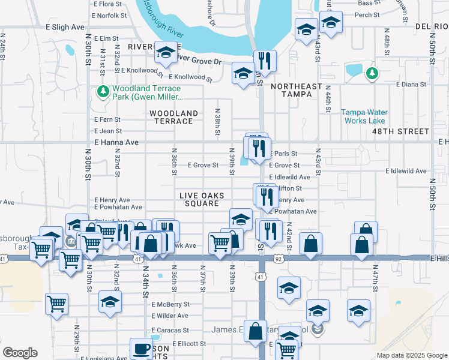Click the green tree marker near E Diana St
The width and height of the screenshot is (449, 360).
(x=372, y=73)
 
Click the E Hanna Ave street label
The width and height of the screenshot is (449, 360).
(x=116, y=142)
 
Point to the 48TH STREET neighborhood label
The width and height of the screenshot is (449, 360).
(x=400, y=131)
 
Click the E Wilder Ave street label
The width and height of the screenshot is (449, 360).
(x=170, y=316)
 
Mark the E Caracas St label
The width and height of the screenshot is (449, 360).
(x=170, y=330)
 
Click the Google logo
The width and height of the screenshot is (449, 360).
(x=20, y=353)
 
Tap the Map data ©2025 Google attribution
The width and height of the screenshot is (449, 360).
(x=411, y=355)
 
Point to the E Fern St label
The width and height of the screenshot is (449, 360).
(x=108, y=119)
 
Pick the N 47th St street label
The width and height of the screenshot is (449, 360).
(x=375, y=277)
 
